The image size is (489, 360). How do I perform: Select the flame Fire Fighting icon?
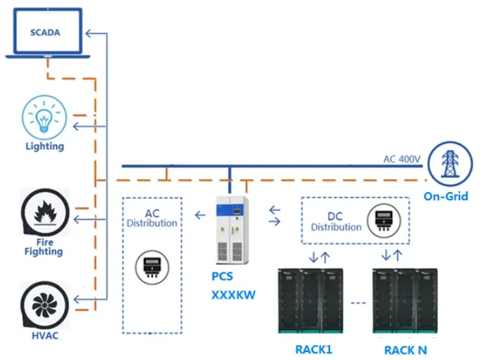click(44, 211)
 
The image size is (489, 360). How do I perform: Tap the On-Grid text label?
click(446, 197)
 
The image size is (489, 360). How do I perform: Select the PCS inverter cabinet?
click(232, 229)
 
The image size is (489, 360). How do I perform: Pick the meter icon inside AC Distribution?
click(152, 267)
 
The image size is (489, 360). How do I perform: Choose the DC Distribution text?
click(335, 222)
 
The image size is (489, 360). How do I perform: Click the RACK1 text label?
click(313, 349)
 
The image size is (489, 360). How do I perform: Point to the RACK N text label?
click(405, 350)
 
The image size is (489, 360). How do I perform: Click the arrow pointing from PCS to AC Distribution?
click(200, 216)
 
